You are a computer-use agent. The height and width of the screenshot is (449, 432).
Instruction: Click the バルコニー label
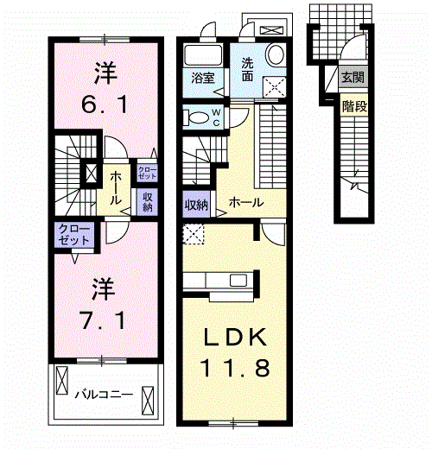tap(103, 395)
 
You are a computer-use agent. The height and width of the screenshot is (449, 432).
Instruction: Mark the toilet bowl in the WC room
tap(196, 118)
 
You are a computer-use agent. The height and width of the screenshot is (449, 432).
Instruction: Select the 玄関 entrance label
tap(353, 78)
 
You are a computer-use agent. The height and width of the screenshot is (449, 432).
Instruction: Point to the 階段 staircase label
tap(353, 107)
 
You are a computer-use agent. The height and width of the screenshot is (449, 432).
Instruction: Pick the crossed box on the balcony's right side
tap(149, 400)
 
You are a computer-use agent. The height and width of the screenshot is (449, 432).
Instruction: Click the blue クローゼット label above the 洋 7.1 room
tap(73, 233)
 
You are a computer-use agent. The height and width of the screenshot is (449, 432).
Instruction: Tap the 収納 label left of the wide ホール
tap(195, 205)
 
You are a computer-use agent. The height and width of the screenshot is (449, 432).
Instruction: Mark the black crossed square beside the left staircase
tap(91, 174)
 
